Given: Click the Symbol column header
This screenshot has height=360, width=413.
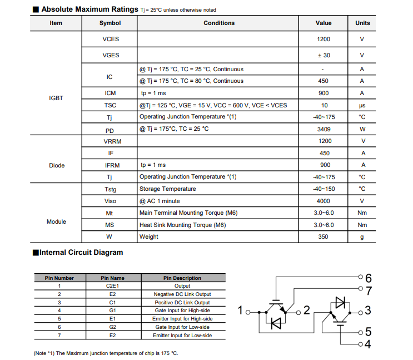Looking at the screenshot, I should tap(110, 23).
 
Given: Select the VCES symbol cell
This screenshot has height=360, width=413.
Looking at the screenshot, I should tap(110, 40).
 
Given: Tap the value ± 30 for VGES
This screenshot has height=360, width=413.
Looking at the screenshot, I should tap(323, 55).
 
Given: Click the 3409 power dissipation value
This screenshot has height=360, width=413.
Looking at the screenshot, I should tap(323, 129).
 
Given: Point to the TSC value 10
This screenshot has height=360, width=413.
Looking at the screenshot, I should tap(323, 105).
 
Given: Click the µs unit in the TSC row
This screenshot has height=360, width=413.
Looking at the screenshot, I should tap(362, 105).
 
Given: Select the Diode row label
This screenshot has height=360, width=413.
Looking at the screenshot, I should tap(56, 165).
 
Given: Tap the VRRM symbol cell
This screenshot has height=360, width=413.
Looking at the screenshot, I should tap(110, 141).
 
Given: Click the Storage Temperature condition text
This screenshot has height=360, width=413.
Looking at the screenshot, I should tap(167, 189).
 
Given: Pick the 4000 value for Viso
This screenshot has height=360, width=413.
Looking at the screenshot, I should tap(323, 201).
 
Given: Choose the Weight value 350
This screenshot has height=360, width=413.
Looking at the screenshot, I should tap(323, 236).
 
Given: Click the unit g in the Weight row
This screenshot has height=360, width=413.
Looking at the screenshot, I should tap(362, 236).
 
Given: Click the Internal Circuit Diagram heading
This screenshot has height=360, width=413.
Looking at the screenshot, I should tap(81, 253).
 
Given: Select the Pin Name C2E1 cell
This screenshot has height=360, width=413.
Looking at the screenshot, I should tap(112, 285).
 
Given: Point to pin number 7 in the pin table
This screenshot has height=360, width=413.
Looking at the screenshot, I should tap(59, 336).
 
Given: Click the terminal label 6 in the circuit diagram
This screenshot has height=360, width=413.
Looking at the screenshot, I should tap(369, 278).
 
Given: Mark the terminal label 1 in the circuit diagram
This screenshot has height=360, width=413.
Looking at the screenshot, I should tap(240, 310).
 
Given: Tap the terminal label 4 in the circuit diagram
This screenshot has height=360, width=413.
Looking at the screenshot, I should tap(368, 344).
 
